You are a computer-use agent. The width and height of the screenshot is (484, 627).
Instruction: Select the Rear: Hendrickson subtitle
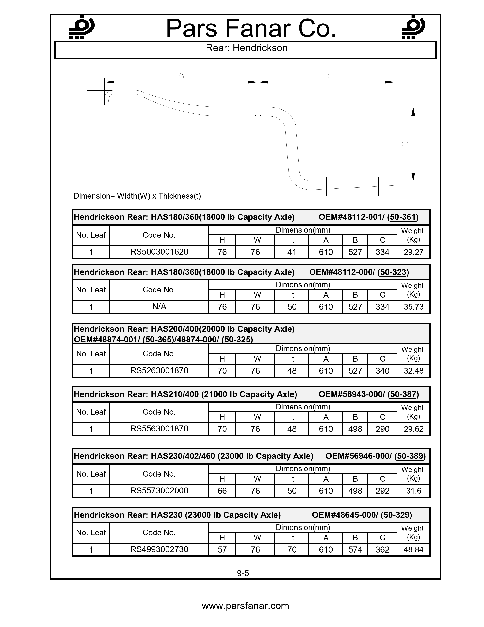coord(246,48)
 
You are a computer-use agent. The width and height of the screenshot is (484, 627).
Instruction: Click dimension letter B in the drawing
coord(327,75)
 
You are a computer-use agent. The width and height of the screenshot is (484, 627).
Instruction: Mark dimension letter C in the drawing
coord(405,144)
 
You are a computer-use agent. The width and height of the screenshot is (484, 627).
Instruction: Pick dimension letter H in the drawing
coord(84,99)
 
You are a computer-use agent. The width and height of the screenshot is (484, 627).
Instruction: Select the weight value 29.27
coord(413,252)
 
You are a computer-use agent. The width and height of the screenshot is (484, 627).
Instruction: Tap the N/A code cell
coord(159,307)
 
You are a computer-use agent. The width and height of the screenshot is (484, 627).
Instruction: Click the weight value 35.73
coord(413,307)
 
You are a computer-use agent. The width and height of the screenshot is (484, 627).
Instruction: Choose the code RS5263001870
coord(159,371)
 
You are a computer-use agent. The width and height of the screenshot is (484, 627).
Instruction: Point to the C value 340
coord(382,371)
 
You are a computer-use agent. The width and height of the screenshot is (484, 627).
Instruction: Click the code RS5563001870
coord(159,429)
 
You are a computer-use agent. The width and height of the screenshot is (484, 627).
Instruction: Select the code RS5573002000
coord(159,491)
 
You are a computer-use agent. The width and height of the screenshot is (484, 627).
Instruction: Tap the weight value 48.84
coord(413,550)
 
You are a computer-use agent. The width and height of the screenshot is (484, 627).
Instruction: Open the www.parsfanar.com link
coord(245,606)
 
